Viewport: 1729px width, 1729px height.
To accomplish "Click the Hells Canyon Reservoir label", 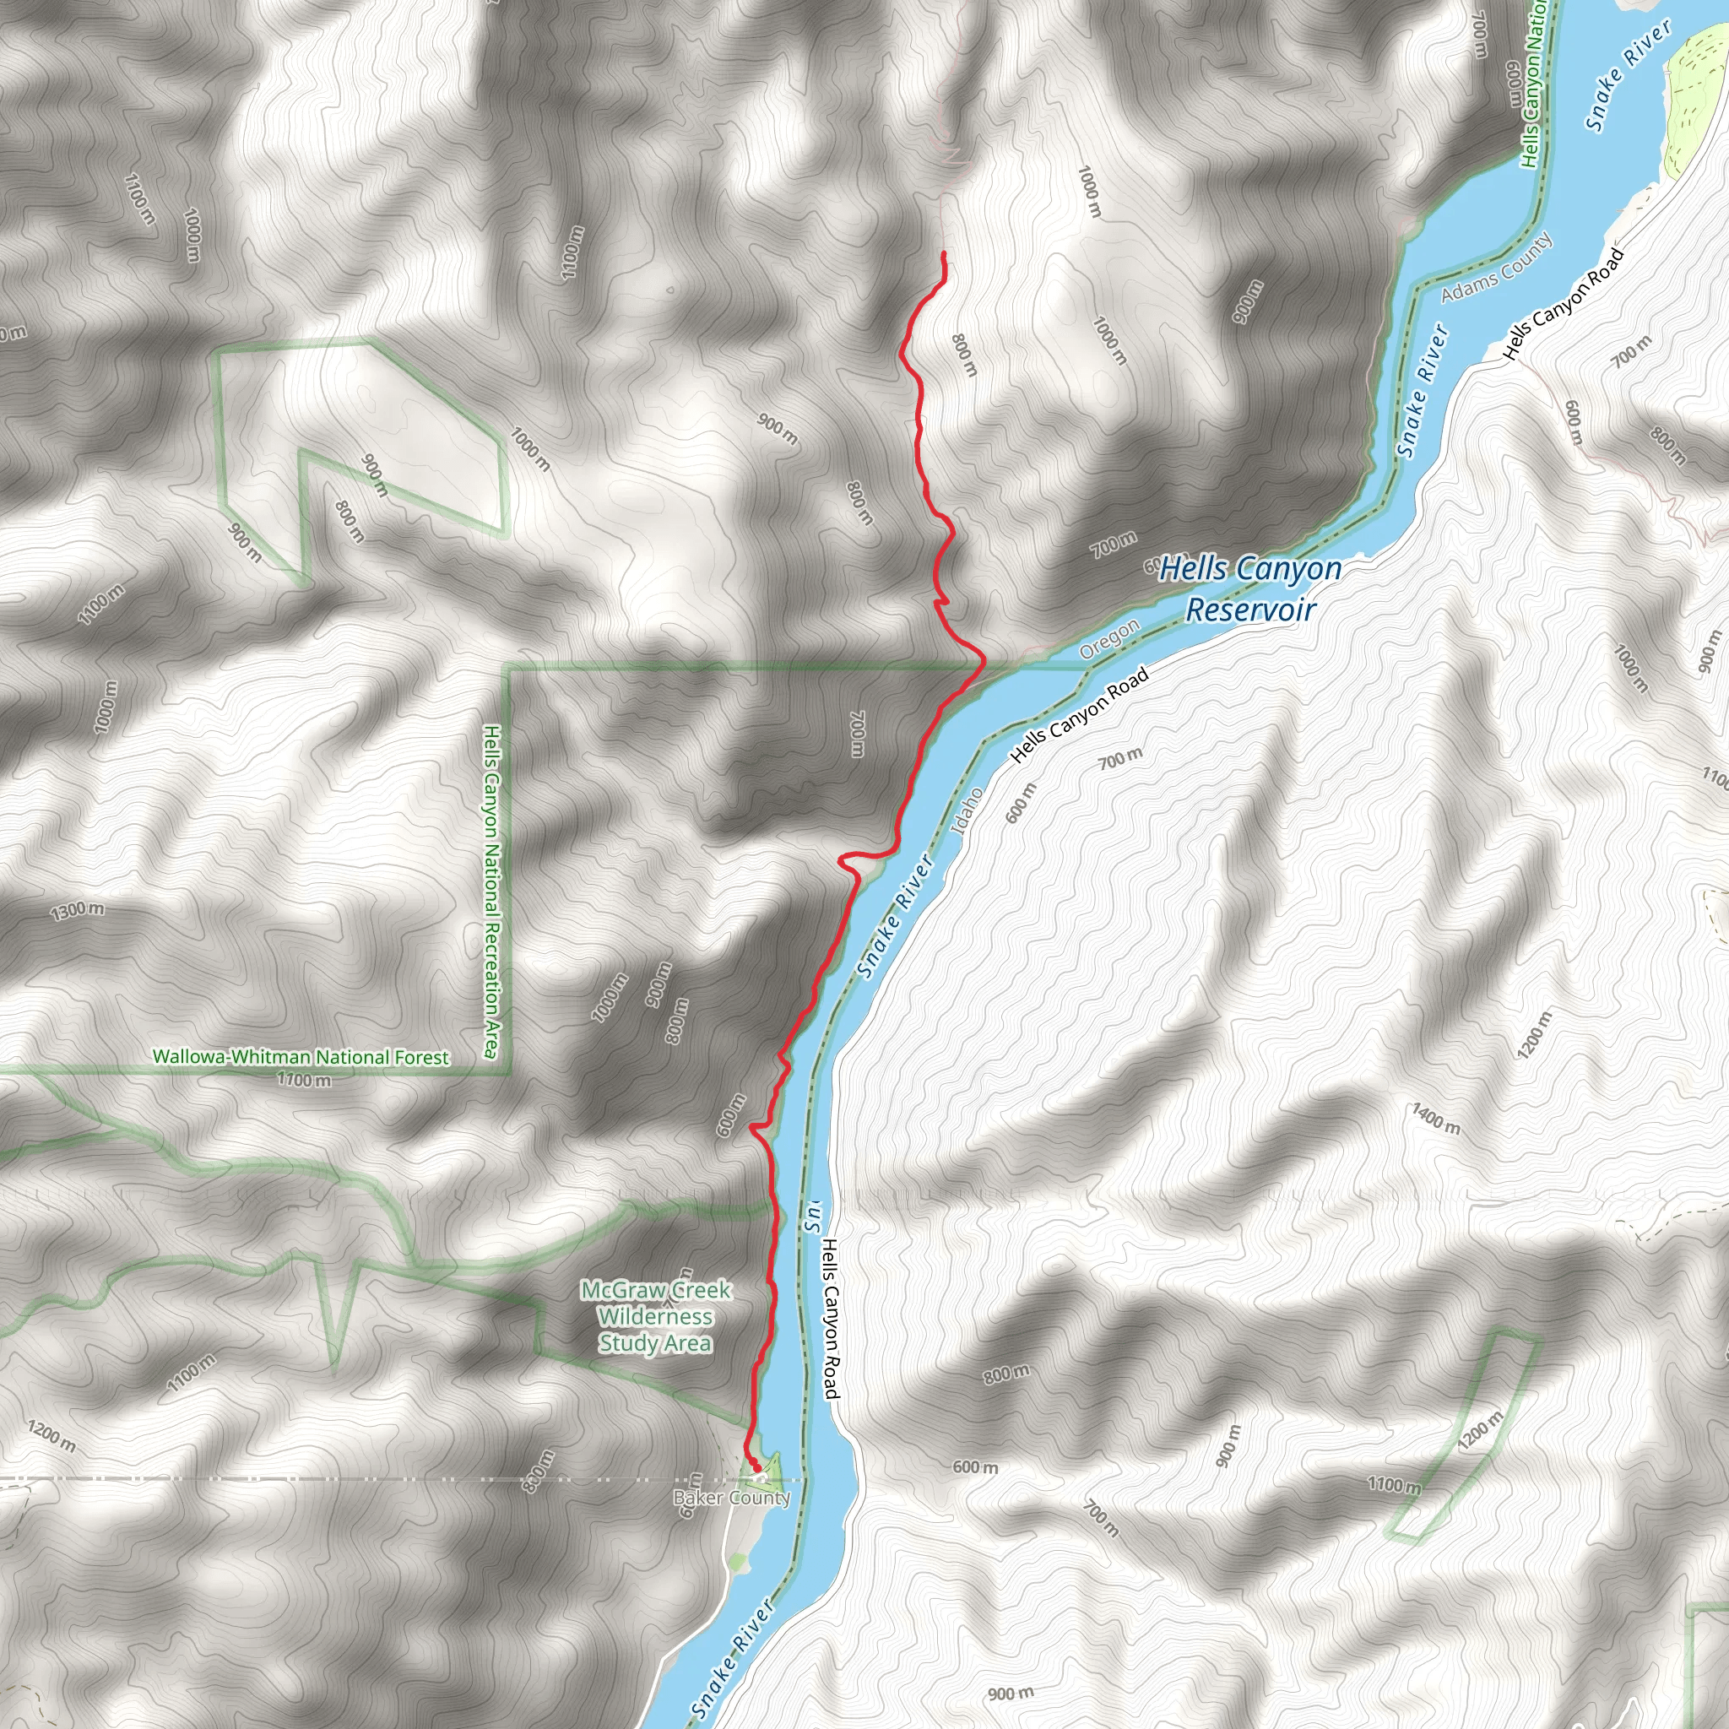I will coord(1250,589).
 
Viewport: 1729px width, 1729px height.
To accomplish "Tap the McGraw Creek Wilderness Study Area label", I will coord(656,1316).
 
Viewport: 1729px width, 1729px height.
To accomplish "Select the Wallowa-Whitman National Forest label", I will coord(301,1057).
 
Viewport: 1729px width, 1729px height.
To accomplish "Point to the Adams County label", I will coord(1496,268).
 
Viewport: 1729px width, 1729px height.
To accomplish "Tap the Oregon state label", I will coord(1109,639).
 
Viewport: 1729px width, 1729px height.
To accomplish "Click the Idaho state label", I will coord(967,810).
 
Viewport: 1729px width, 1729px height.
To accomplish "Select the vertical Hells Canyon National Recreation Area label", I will coord(491,892).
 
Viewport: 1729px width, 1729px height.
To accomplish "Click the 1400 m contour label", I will coord(1435,1119).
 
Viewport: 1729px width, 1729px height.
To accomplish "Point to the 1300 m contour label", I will coord(77,911).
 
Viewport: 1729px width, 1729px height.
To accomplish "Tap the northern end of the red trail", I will coord(943,255).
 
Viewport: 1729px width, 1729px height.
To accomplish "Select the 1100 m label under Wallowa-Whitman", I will coord(304,1080).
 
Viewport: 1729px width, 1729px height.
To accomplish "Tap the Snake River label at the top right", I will coord(1628,76).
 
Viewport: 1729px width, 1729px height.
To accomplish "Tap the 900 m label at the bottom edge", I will coord(1011,1694).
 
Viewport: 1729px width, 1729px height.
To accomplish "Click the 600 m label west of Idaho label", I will coord(1022,803).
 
